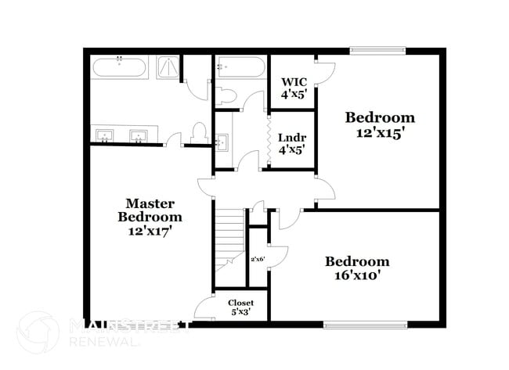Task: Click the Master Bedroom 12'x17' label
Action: click(150, 217)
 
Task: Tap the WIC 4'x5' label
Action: click(293, 88)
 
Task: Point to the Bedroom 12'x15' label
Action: click(380, 125)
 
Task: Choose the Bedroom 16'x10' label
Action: click(357, 268)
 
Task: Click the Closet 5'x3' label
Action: click(240, 307)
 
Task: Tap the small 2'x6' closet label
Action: click(258, 258)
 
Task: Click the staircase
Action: click(229, 234)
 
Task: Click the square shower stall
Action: click(168, 67)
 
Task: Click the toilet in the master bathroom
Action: click(198, 134)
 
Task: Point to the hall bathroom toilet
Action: click(226, 95)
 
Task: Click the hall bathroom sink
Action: click(222, 142)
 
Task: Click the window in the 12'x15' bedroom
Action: click(377, 51)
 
